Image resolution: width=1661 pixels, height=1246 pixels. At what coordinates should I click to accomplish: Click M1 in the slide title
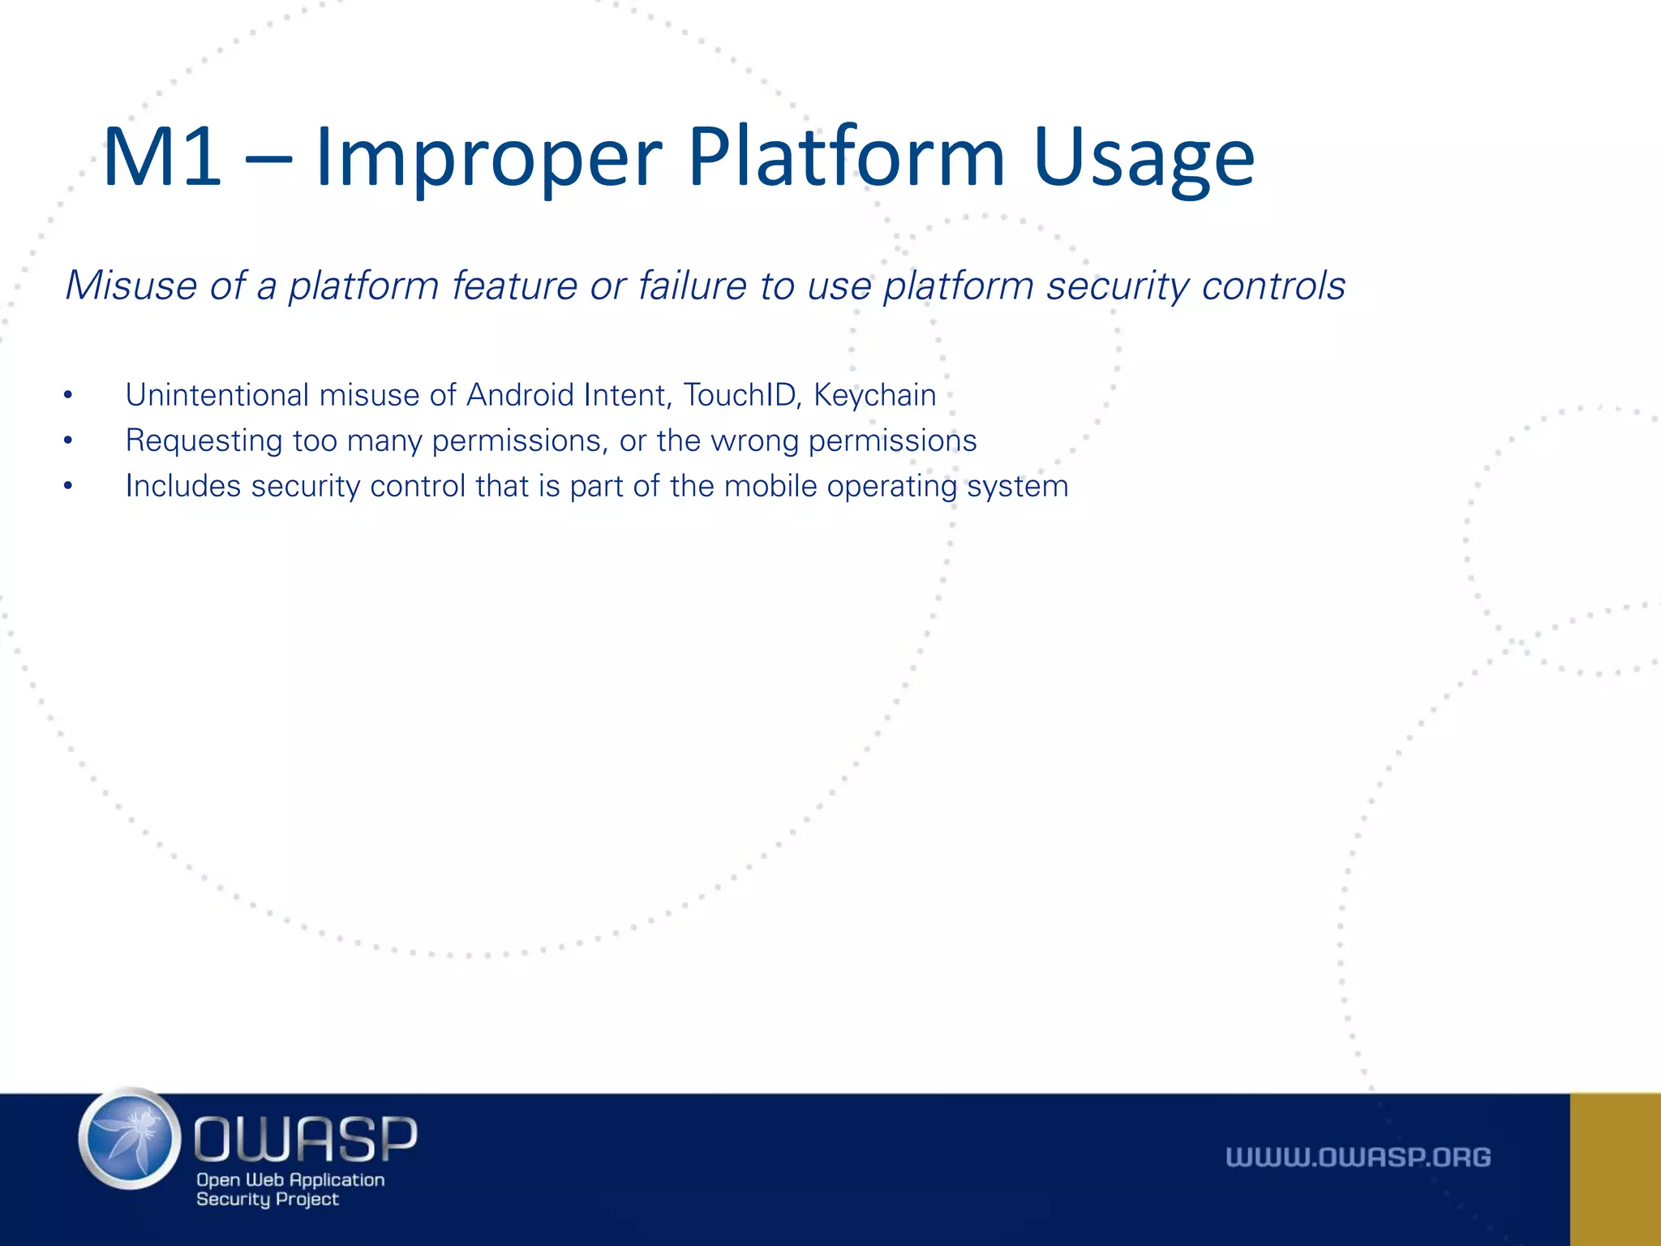click(x=162, y=158)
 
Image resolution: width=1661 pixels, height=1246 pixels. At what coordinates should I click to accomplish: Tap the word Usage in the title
click(x=1144, y=158)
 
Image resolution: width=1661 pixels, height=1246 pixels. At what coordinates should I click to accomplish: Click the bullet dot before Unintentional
click(x=69, y=396)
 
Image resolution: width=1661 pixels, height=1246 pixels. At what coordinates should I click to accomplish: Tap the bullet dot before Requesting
click(x=69, y=441)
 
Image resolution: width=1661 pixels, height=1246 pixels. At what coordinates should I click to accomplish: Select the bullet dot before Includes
click(x=69, y=487)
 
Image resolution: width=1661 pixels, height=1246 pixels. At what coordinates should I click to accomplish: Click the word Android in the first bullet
click(x=520, y=395)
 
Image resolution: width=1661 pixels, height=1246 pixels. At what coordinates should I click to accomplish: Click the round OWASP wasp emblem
click(x=131, y=1138)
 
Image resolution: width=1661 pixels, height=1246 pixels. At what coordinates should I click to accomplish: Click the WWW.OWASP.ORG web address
click(x=1358, y=1157)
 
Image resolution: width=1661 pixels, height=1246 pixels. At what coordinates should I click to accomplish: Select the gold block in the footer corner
click(x=1615, y=1169)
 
